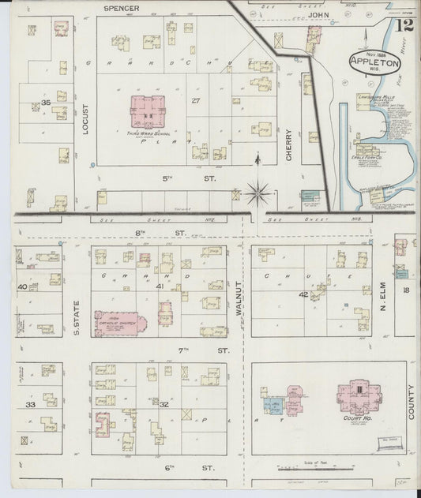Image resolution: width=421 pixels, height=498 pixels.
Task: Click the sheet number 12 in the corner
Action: point(405,26)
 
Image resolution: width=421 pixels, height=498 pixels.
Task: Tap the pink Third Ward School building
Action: point(148,112)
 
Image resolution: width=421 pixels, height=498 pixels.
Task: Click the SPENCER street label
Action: point(122,9)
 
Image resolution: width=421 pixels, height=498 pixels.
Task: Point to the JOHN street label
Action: point(316,14)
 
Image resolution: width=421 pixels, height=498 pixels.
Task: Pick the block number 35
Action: point(46,103)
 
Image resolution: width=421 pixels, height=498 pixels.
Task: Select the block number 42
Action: point(303,294)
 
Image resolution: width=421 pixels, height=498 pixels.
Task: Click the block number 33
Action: point(31,404)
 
